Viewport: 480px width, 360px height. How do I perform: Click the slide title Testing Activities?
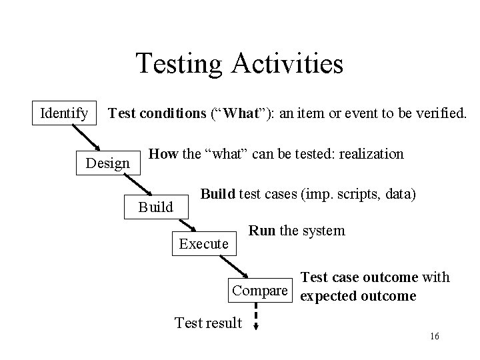[x=239, y=64]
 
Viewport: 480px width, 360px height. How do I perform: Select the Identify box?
[x=64, y=113]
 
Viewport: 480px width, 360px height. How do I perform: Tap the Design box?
[x=108, y=163]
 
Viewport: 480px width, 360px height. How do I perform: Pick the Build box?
[x=155, y=207]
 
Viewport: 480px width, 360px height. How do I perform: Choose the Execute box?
[x=204, y=244]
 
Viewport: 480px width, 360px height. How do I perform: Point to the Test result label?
[x=208, y=323]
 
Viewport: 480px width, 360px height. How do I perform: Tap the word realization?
[x=371, y=154]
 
